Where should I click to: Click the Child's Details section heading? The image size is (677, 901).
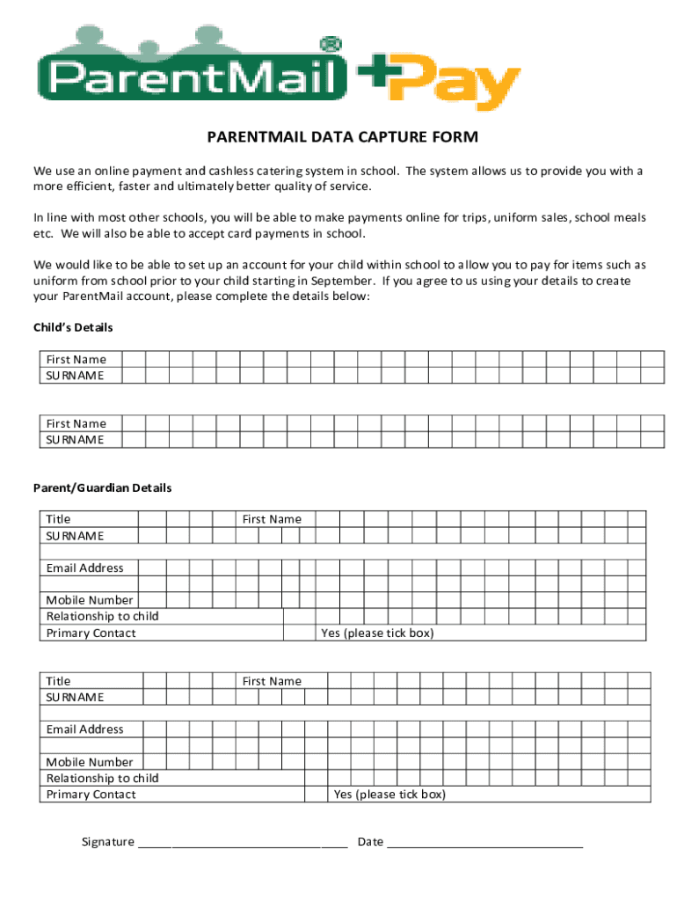click(73, 327)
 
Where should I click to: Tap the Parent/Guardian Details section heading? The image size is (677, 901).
click(102, 487)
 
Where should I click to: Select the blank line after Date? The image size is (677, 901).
click(484, 842)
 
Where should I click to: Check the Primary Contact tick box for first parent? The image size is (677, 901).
click(299, 633)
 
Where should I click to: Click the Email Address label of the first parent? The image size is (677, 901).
click(85, 568)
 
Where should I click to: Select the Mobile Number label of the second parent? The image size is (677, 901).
click(90, 762)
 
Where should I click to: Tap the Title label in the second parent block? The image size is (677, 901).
click(58, 681)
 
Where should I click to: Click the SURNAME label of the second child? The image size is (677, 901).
click(75, 439)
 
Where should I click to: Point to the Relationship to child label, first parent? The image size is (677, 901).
click(102, 616)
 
